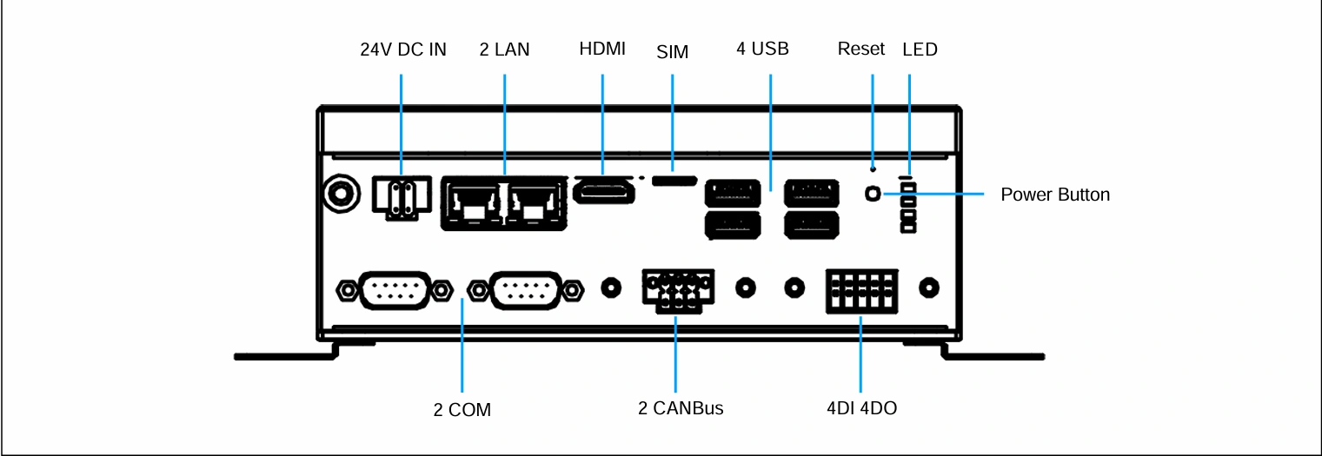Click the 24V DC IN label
pos(403,50)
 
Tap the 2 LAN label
pos(504,50)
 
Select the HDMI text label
pos(602,49)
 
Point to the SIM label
pos(672,52)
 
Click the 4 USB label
pos(762,49)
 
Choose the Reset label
pos(861,49)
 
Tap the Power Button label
pos(1055,194)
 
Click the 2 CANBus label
pos(681,407)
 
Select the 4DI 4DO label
pos(861,407)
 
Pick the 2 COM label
pos(462,409)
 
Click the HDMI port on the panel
pos(604,192)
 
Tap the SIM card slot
pos(674,181)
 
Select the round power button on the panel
pos(873,194)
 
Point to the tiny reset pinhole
pos(873,169)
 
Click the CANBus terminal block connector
pos(678,291)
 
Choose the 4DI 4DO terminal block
pos(861,291)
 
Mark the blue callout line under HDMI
pos(602,124)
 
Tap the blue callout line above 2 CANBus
pos(675,354)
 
